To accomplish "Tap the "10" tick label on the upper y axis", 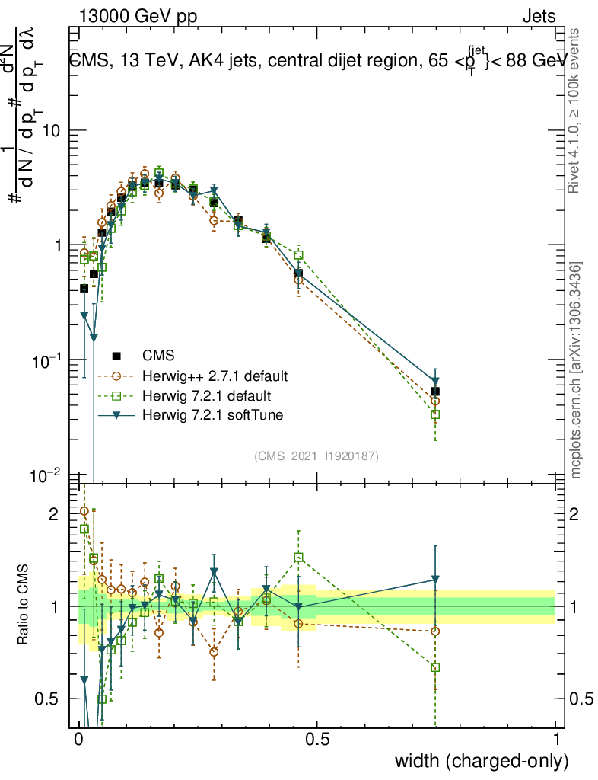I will [51, 131].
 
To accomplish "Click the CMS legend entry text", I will [158, 356].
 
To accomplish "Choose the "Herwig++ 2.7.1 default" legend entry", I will [214, 376].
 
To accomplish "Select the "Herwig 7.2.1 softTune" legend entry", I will [211, 416].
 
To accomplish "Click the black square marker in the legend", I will [116, 356].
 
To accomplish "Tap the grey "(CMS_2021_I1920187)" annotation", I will [316, 456].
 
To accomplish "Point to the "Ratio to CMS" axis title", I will [24, 606].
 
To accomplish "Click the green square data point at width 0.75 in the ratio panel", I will [435, 667].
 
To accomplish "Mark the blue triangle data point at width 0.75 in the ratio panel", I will [435, 580].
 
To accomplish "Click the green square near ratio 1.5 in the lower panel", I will [299, 557].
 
